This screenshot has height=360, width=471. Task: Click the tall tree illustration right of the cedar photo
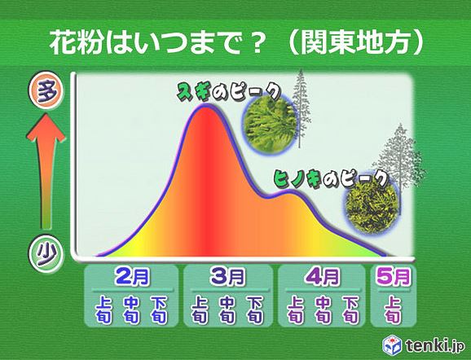(302, 114)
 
